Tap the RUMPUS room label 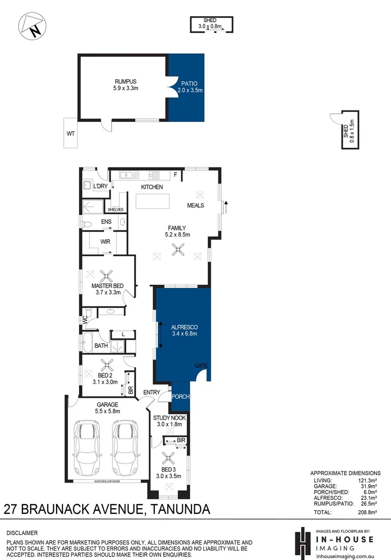[125, 81]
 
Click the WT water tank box [70, 133]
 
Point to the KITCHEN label [152, 187]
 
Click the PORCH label [181, 397]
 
